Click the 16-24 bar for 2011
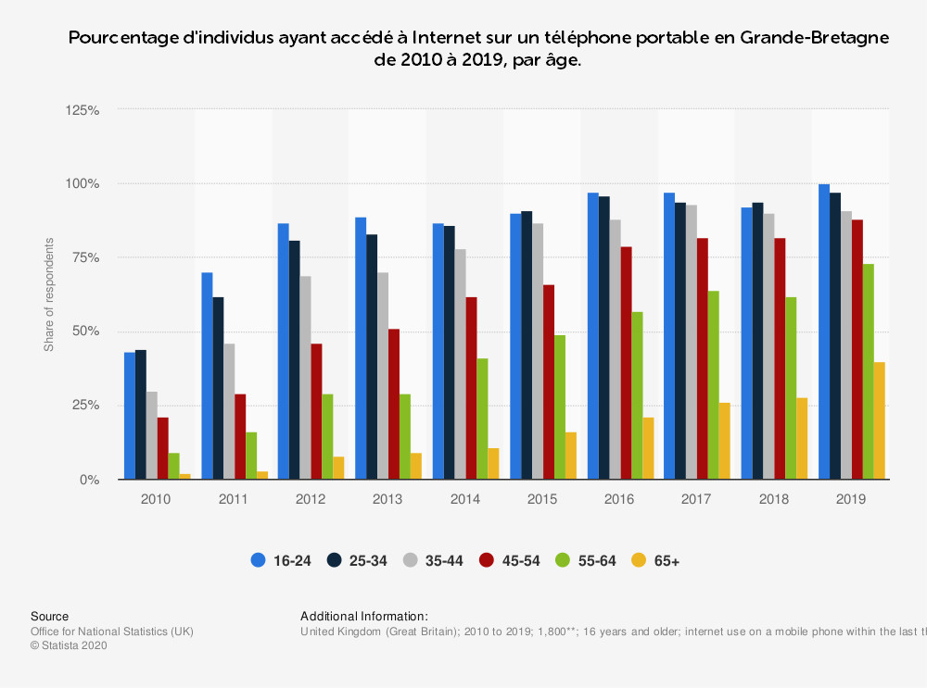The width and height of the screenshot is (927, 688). (x=207, y=376)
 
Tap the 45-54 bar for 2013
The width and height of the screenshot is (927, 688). (x=394, y=404)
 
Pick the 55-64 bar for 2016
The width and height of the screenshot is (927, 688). (x=637, y=395)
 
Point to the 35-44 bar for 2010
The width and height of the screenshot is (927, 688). (x=151, y=435)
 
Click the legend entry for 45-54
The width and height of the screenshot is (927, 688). (x=509, y=560)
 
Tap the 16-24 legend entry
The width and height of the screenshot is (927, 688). (x=281, y=560)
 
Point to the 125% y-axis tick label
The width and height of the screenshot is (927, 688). (x=83, y=109)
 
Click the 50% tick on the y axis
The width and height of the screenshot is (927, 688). (x=85, y=331)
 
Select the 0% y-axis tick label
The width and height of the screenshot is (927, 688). (x=89, y=480)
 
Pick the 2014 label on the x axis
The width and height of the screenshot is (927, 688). (x=464, y=499)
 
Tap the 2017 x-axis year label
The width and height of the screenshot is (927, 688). (x=696, y=499)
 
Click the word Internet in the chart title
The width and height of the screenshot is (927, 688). (x=448, y=39)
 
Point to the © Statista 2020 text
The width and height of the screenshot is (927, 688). (x=69, y=646)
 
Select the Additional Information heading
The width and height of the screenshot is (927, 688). (x=364, y=617)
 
